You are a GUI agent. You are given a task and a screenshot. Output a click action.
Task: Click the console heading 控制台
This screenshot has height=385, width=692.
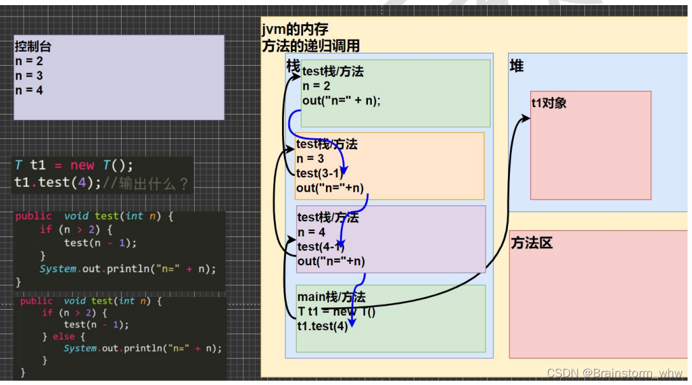(x=33, y=47)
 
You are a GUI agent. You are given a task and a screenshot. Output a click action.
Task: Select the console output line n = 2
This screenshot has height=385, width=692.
(x=29, y=61)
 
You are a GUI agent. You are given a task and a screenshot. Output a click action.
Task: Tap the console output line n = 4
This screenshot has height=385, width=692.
(x=29, y=91)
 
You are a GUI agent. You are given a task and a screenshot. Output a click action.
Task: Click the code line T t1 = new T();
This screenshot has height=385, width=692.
(x=74, y=165)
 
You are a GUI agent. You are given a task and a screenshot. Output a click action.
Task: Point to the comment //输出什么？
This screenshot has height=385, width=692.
(x=146, y=183)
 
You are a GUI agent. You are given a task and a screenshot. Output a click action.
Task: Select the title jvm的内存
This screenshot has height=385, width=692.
(x=295, y=30)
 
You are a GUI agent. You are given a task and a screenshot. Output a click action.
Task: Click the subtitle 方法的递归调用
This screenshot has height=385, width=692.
(x=311, y=45)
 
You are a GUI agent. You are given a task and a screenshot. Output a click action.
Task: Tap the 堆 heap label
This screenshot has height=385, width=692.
(x=517, y=66)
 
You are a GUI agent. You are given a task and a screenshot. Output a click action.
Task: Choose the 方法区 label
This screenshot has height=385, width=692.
(x=532, y=243)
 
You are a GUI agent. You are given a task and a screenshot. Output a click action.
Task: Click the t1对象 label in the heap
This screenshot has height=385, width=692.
(x=549, y=103)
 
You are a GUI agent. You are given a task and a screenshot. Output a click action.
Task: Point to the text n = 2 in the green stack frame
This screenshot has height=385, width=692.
(x=316, y=86)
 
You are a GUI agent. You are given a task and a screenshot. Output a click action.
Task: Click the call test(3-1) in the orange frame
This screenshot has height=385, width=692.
(x=320, y=173)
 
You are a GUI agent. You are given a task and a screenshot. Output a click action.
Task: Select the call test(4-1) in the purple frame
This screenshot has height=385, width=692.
(x=321, y=247)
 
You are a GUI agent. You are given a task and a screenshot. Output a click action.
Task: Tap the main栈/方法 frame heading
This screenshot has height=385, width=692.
(x=331, y=296)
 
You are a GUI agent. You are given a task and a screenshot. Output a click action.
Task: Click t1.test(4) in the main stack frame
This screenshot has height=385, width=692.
(x=323, y=326)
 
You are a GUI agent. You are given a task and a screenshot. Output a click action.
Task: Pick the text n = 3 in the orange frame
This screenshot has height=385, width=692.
(x=310, y=159)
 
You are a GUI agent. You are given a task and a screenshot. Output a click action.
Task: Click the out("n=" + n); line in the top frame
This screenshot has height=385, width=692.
(x=341, y=101)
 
